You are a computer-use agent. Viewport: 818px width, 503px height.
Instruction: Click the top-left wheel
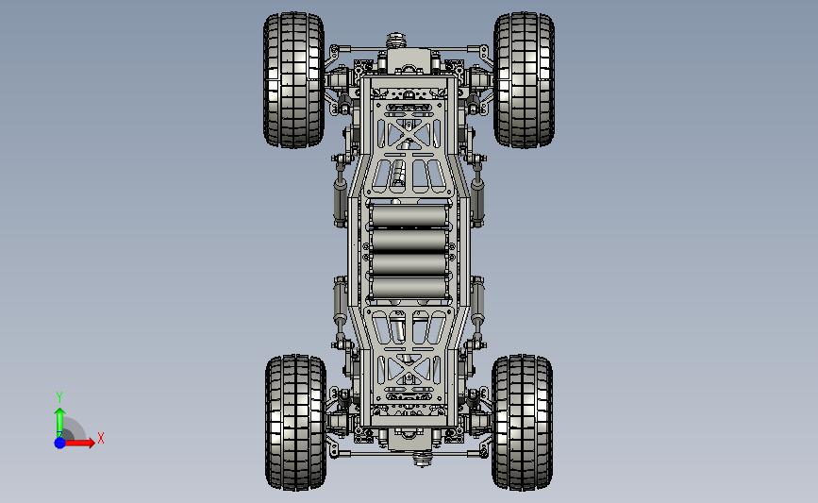pyautogui.click(x=293, y=80)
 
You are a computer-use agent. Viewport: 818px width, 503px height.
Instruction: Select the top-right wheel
pyautogui.click(x=524, y=80)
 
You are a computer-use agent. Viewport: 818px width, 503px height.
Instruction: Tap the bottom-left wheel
pyautogui.click(x=296, y=423)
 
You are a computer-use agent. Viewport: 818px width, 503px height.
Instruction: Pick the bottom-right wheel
pyautogui.click(x=522, y=423)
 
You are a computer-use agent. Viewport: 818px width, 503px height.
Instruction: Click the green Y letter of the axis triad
pyautogui.click(x=59, y=397)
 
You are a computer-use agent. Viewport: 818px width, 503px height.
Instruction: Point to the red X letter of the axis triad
pyautogui.click(x=101, y=438)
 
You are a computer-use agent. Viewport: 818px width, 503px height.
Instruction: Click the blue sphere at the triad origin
pyautogui.click(x=60, y=443)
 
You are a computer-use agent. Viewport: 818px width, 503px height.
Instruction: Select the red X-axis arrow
pyautogui.click(x=78, y=443)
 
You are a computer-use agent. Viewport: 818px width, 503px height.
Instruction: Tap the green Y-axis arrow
pyautogui.click(x=60, y=424)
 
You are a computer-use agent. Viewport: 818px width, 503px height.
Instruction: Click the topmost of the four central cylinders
pyautogui.click(x=409, y=216)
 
